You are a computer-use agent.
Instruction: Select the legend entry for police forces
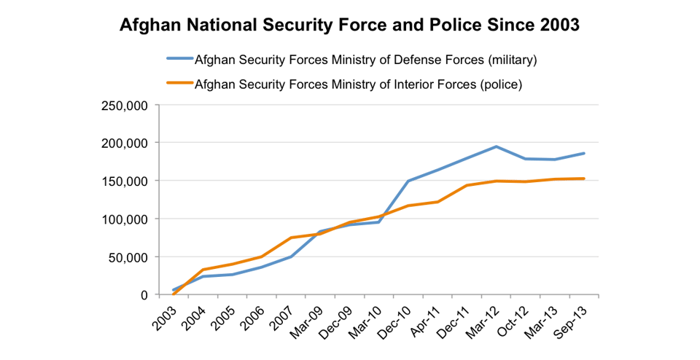pyautogui.click(x=357, y=84)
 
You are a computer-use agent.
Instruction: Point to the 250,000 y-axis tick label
pyautogui.click(x=128, y=105)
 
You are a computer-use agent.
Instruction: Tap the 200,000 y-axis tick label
pyautogui.click(x=128, y=143)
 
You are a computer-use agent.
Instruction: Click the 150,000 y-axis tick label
pyautogui.click(x=128, y=181)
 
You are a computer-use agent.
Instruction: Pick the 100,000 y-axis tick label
pyautogui.click(x=128, y=219)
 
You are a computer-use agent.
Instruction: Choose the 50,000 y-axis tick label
pyautogui.click(x=131, y=257)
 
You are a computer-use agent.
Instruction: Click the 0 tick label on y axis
pyautogui.click(x=145, y=295)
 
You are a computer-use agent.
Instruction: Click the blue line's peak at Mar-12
pyautogui.click(x=497, y=146)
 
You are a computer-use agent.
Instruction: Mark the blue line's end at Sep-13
pyautogui.click(x=584, y=153)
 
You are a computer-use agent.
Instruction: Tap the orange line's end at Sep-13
pyautogui.click(x=584, y=179)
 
